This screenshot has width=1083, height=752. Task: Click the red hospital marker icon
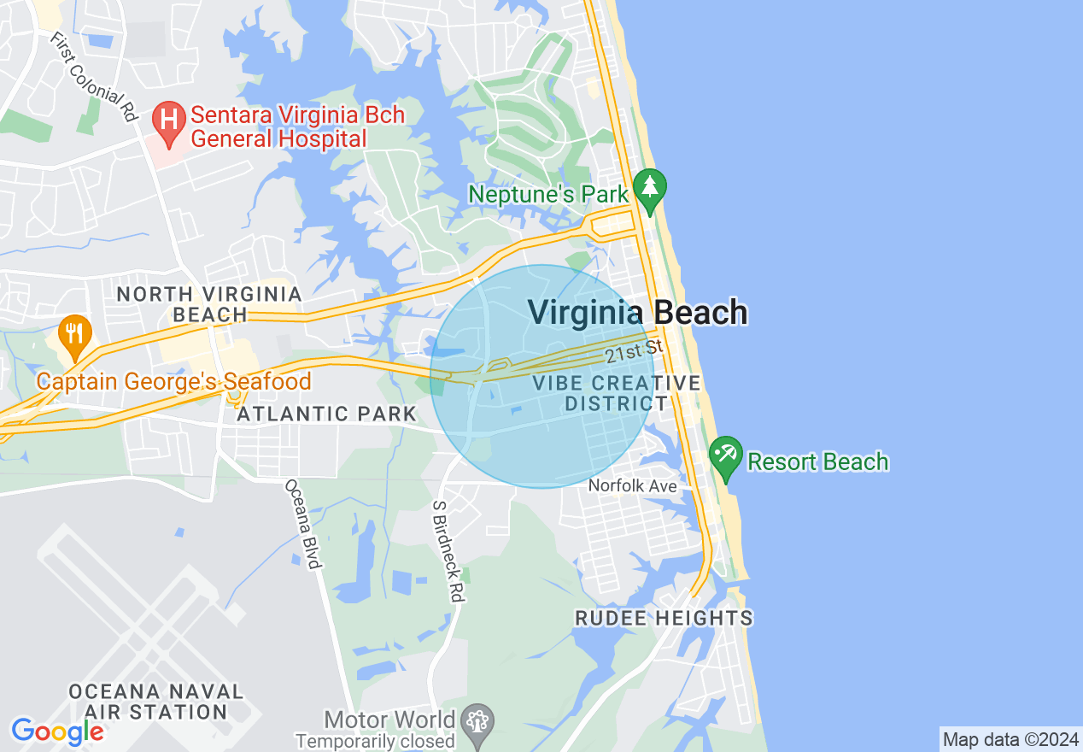(x=169, y=122)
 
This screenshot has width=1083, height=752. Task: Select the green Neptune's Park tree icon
(x=650, y=191)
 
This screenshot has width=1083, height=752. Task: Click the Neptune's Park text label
(x=548, y=194)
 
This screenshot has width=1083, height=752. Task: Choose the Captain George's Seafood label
(x=173, y=381)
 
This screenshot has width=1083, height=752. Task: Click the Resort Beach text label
(x=817, y=462)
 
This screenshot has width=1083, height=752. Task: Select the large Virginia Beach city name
(x=637, y=313)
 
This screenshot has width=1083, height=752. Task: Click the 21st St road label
(x=634, y=350)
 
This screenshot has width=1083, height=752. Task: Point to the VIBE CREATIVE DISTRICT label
(x=615, y=393)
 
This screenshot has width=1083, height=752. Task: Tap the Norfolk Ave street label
(x=633, y=486)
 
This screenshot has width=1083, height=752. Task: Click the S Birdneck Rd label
(x=448, y=550)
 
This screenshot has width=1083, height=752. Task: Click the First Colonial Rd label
(x=95, y=77)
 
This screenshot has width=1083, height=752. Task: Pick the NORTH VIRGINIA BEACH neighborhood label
(x=209, y=305)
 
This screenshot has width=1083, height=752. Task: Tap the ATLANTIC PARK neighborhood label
(x=326, y=414)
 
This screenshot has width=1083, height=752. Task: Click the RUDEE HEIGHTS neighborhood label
(x=664, y=618)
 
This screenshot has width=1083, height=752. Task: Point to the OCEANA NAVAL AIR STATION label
(x=155, y=701)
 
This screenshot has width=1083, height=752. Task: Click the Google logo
(x=57, y=731)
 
